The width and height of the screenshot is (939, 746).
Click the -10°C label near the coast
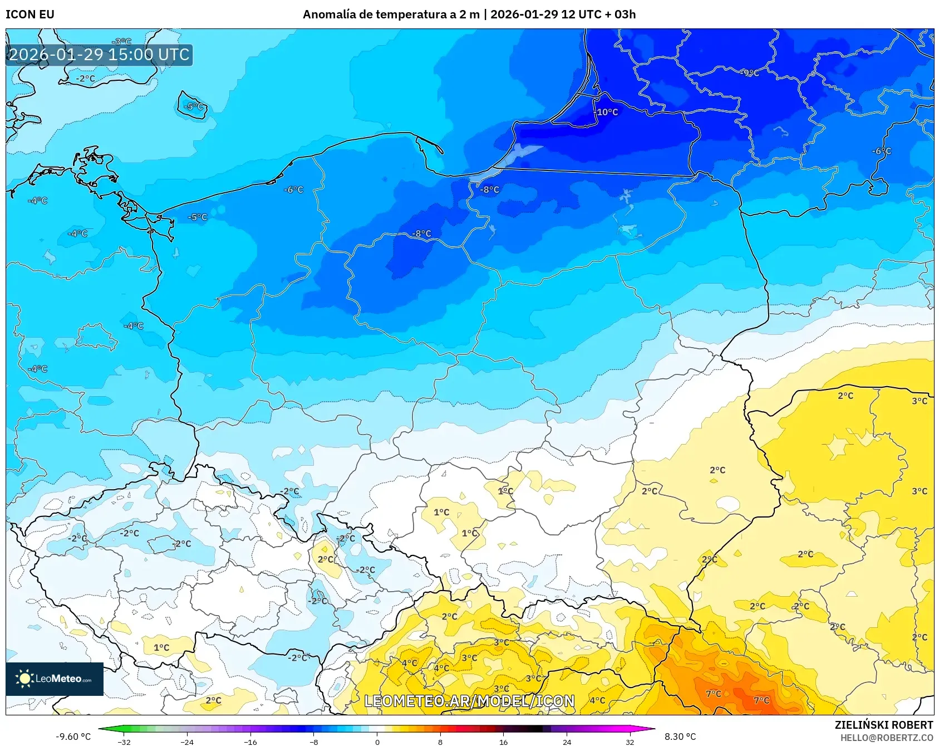(606, 112)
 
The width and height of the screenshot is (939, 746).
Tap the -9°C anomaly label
(750, 73)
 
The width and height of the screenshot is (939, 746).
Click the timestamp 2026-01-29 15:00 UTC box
(99, 55)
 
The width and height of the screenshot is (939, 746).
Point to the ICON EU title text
(30, 14)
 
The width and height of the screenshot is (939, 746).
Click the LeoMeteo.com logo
(55, 679)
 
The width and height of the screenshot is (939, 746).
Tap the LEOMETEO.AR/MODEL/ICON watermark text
(469, 701)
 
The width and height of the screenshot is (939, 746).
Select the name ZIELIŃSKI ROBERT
(883, 725)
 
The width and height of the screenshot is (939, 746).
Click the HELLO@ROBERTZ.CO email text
(886, 738)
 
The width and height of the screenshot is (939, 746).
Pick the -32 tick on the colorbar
(125, 742)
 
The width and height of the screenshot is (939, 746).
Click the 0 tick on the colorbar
(377, 742)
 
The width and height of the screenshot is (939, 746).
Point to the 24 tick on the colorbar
(567, 742)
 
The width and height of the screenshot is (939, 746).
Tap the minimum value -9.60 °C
(73, 737)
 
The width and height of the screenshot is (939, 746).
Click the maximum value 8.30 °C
(680, 737)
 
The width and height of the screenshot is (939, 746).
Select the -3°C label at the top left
(121, 42)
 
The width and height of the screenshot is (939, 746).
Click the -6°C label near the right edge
(882, 151)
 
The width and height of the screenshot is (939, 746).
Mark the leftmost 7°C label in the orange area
(713, 694)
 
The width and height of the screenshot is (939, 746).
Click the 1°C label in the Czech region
(161, 647)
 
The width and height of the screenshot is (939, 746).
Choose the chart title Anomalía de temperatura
(469, 14)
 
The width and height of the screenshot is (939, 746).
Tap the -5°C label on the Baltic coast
(198, 217)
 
